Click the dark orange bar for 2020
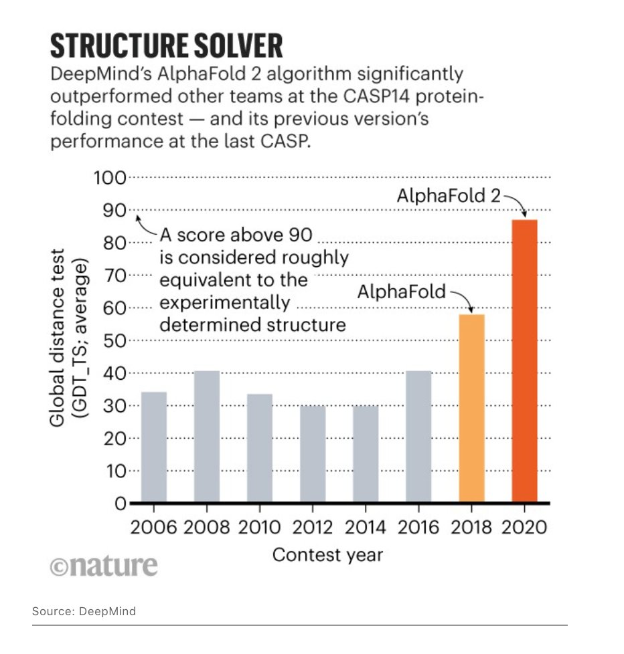(x=524, y=361)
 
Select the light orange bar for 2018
(x=471, y=408)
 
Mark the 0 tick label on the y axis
(x=119, y=504)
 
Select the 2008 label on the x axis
(x=206, y=527)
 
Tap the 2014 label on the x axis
(x=366, y=527)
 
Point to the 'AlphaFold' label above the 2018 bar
(x=399, y=292)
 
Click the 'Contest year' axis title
(x=328, y=554)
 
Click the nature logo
(x=104, y=565)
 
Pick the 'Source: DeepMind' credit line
(x=84, y=611)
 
